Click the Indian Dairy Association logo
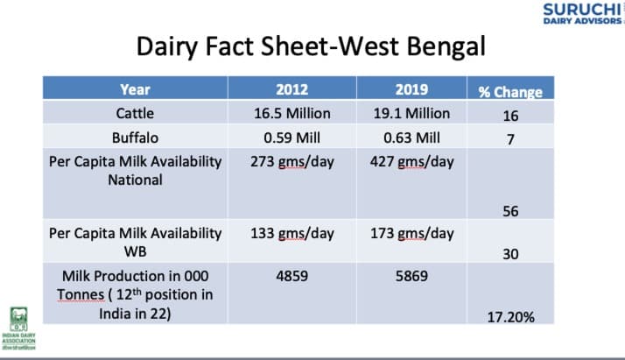(x=18, y=328)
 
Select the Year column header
(x=135, y=89)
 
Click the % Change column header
(x=510, y=91)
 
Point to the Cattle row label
(x=135, y=113)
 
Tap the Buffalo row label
(x=135, y=138)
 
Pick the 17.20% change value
(x=510, y=316)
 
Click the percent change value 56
(x=510, y=210)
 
